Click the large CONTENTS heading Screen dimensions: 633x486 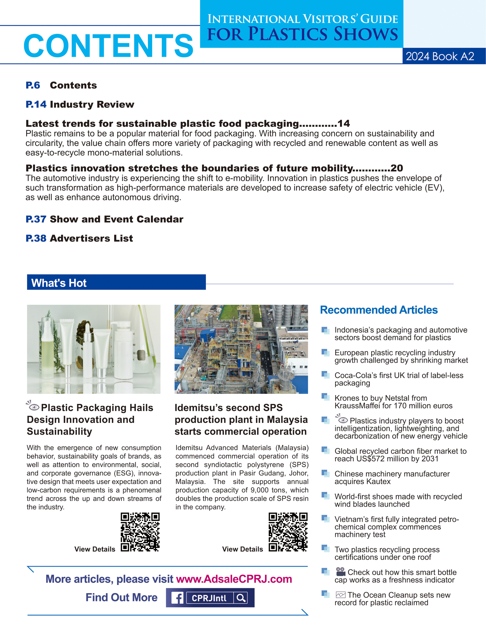[109, 45]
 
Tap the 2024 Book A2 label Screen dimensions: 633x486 [440, 56]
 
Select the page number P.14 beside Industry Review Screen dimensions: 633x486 [36, 104]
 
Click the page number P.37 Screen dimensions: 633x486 [36, 219]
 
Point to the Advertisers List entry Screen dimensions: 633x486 [91, 238]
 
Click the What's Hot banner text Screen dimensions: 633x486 [59, 283]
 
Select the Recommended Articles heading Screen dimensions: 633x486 [378, 309]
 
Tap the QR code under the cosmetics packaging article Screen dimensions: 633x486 [140, 532]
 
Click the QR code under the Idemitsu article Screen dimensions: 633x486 [288, 532]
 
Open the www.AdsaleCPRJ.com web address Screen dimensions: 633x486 [234, 579]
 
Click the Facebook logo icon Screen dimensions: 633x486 [177, 598]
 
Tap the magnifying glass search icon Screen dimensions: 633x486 [241, 598]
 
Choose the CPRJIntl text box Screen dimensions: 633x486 [209, 598]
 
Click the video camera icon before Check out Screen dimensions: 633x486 [340, 571]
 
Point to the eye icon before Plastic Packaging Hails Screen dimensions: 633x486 [33, 406]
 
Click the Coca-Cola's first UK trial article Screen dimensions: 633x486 [399, 379]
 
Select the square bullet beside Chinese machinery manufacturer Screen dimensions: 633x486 [325, 473]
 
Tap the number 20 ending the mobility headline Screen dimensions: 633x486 [397, 168]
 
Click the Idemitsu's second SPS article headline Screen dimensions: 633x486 [241, 419]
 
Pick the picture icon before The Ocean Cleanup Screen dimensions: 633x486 [340, 595]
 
